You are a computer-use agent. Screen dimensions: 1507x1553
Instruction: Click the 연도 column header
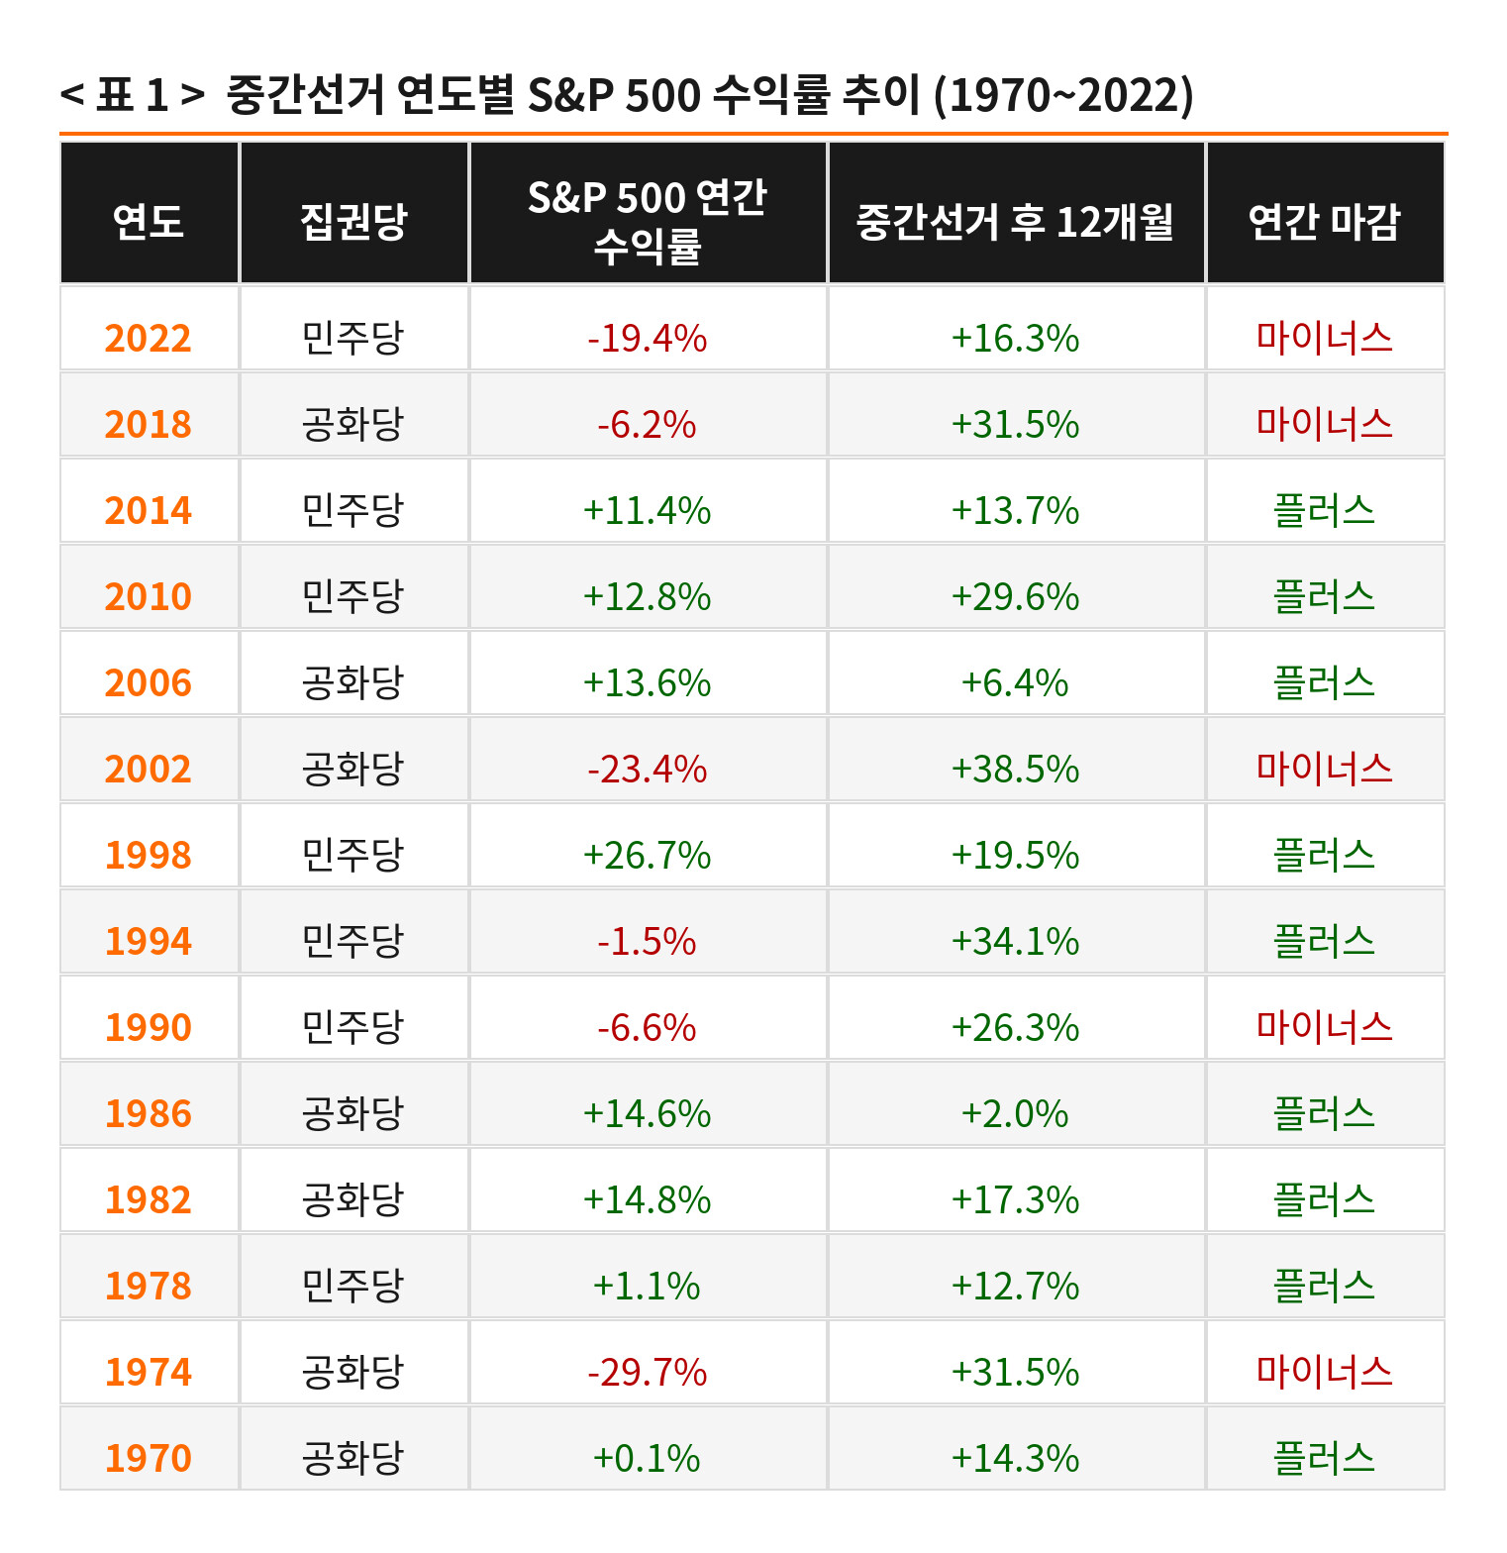click(x=149, y=221)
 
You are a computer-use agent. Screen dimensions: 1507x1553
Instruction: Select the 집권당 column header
click(x=353, y=221)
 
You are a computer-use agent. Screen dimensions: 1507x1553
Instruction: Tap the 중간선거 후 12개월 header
click(x=1015, y=221)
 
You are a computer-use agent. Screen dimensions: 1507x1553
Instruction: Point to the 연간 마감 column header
click(x=1324, y=221)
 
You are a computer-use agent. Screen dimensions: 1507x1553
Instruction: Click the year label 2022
click(x=149, y=339)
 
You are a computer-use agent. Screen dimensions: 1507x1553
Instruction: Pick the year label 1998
click(x=149, y=856)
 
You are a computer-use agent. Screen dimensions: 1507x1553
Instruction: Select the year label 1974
click(x=149, y=1373)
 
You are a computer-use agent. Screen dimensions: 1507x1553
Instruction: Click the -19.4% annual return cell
click(x=648, y=339)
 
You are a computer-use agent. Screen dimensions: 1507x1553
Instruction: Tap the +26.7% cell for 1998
click(x=648, y=856)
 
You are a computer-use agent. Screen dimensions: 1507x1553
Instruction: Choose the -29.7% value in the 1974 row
click(x=648, y=1373)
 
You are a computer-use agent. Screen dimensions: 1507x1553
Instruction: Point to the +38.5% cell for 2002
click(x=1015, y=770)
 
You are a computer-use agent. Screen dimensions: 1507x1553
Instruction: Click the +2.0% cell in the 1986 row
click(x=1015, y=1114)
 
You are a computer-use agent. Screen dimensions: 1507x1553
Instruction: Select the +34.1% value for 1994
click(x=1015, y=942)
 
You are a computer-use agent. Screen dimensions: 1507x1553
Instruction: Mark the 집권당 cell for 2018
click(x=353, y=425)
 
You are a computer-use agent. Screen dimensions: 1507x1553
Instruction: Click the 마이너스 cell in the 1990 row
click(x=1324, y=1027)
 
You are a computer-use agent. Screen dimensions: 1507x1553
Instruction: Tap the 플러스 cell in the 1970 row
click(x=1324, y=1458)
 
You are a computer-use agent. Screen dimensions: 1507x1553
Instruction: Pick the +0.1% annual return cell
click(x=648, y=1459)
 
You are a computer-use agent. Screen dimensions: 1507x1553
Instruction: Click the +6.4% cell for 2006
click(x=1015, y=683)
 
